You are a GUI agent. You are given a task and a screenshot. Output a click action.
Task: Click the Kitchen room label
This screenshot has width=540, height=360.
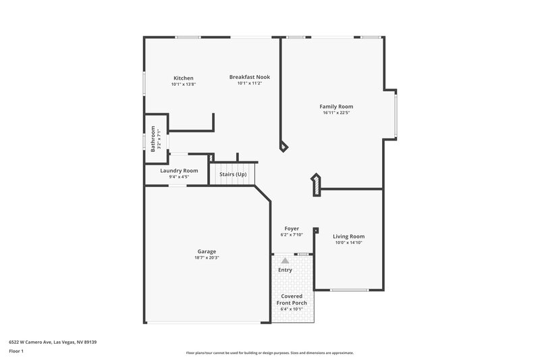point(183,78)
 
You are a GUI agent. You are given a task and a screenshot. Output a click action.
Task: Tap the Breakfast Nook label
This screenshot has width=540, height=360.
point(249,77)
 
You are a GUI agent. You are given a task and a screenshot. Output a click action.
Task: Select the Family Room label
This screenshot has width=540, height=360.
point(336,106)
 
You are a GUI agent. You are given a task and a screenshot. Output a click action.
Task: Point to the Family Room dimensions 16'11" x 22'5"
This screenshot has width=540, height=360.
point(336,113)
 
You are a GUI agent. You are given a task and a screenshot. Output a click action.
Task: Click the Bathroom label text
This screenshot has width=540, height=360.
point(153,138)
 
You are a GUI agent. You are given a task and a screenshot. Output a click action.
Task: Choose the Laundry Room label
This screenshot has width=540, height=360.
point(179,171)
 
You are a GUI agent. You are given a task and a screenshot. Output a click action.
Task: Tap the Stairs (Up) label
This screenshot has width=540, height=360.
point(233,174)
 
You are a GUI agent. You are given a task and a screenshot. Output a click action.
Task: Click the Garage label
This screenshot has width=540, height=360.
point(207,251)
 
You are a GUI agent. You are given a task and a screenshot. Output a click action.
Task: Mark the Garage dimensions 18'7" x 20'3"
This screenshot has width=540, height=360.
point(207,257)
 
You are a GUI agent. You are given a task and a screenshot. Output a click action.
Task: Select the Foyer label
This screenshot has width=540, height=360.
point(292,228)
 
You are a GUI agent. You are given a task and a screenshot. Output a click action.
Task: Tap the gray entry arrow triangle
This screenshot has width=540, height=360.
point(286,259)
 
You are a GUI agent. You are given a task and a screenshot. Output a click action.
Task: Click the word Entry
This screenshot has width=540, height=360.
point(286,270)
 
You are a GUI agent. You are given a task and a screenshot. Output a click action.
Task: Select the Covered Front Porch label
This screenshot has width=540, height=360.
point(292,300)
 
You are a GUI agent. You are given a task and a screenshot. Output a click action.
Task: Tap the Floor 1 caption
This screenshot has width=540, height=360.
point(16,351)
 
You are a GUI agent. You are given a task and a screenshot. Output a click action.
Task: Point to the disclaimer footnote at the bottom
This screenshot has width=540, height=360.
point(269,353)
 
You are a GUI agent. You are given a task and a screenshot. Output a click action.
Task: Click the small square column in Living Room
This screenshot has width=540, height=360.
point(316,230)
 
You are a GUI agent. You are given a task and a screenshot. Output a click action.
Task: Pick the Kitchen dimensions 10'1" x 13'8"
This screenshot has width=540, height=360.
point(183,84)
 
